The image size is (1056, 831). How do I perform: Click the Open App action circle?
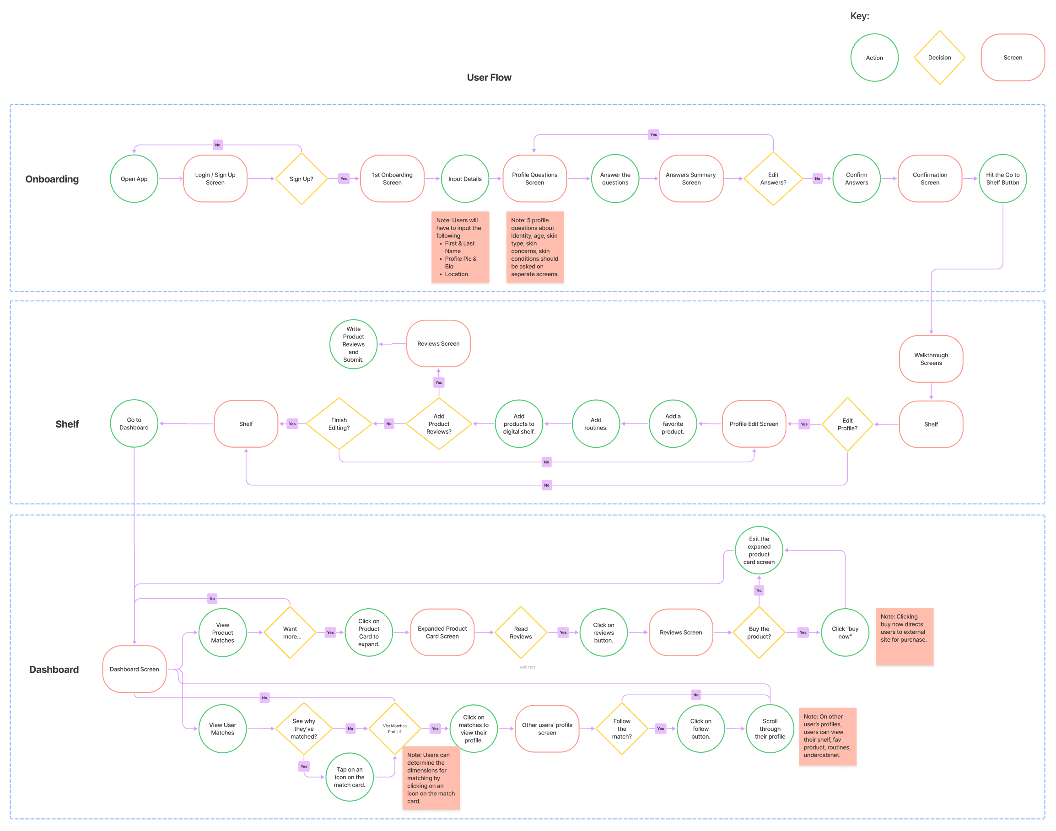134,178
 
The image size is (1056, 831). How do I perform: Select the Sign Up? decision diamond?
301,178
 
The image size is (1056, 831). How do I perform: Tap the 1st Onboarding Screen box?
392,178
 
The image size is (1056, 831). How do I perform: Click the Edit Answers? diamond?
773,178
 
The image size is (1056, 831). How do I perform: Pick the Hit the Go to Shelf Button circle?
1002,178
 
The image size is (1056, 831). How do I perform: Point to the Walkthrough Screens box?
931,359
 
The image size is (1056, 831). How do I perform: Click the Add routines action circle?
596,424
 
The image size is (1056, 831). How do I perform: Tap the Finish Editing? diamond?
339,424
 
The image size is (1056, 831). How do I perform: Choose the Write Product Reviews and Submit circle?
353,344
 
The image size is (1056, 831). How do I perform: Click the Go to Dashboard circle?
134,424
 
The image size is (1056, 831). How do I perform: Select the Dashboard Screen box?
135,669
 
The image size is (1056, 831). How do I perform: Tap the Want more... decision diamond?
290,633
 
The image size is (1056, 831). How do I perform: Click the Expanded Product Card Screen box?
442,633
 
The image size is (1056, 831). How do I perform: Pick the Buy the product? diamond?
759,633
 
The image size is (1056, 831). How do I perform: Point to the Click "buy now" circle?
845,633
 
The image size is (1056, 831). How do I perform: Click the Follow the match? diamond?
621,729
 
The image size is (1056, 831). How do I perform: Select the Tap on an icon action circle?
350,777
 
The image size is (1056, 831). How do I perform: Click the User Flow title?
489,77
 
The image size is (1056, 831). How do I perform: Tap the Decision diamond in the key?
939,58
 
